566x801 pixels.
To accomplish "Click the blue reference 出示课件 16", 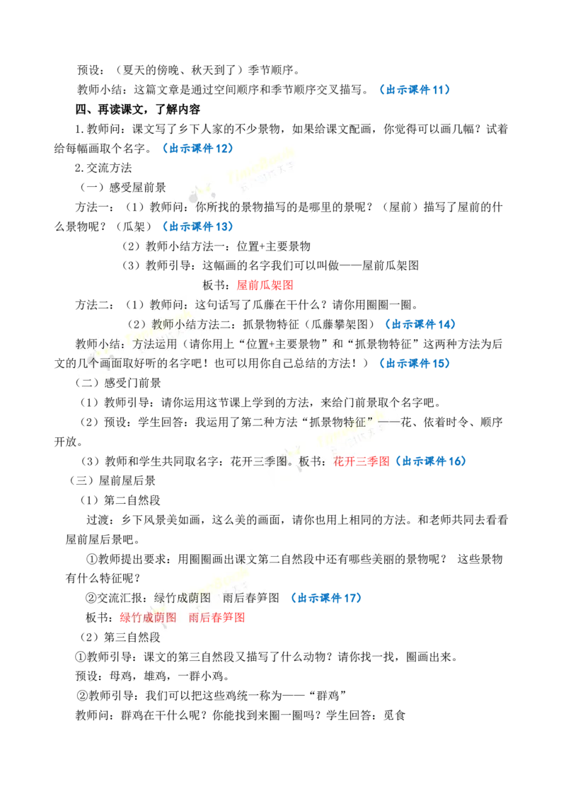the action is pos(434,461).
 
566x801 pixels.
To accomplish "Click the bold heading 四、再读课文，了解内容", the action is pos(138,109).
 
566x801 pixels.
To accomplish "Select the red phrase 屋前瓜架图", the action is pos(265,285).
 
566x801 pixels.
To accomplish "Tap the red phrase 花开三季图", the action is pos(362,461).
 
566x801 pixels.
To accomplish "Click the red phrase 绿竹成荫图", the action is pos(148,618).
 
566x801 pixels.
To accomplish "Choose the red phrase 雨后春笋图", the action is pos(216,618).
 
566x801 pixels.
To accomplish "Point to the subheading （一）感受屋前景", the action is pos(123,188).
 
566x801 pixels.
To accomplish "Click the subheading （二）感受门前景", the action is pos(118,383).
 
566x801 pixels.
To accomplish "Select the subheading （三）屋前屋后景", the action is pos(112,480).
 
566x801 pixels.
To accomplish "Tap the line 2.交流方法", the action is pos(104,168).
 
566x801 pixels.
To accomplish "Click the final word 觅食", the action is pos(394,715).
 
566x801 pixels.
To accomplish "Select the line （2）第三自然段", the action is pos(120,637).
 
